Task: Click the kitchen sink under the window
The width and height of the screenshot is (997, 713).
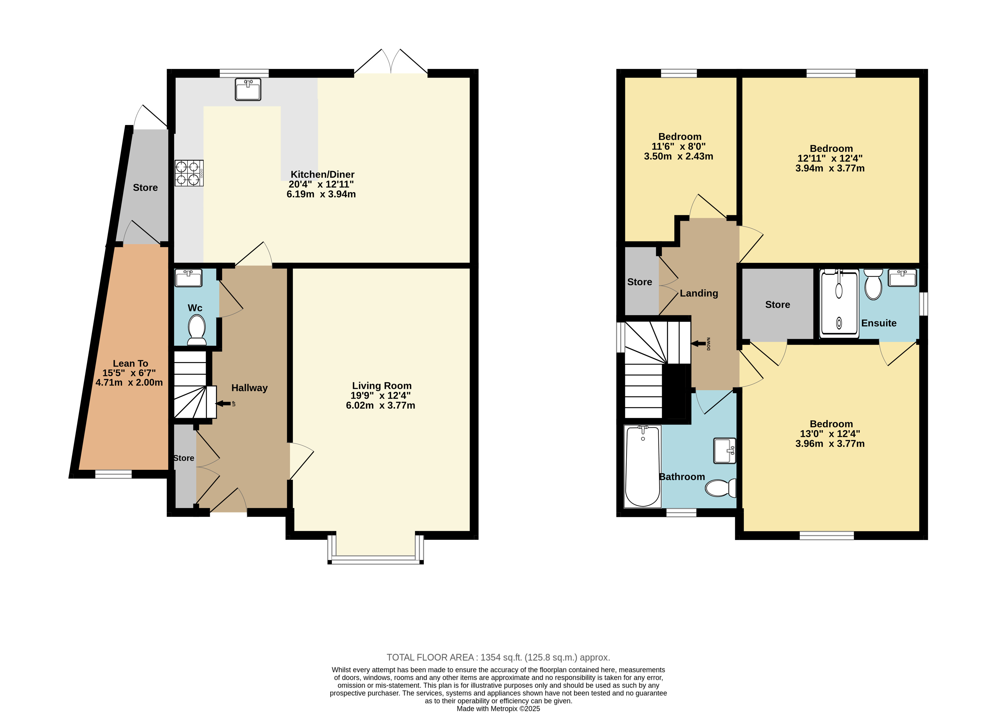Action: (248, 89)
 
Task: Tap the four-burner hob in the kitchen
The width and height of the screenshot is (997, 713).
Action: (189, 173)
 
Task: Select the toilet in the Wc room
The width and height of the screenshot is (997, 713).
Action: (196, 330)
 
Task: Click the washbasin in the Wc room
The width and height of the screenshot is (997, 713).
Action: (188, 278)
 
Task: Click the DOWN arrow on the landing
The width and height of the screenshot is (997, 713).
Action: (699, 344)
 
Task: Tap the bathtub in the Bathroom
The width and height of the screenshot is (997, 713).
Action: (642, 466)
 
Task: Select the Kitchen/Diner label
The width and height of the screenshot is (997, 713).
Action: (322, 174)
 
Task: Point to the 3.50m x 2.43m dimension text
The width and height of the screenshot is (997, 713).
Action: (678, 156)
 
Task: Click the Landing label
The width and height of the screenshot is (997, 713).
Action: (699, 293)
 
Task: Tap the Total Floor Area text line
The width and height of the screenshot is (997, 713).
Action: (498, 657)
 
